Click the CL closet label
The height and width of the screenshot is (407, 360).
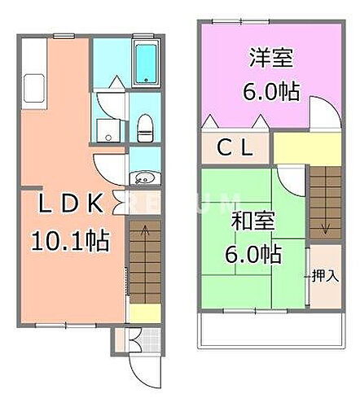coord(233,150)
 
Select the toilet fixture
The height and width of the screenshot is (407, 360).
coord(145,125)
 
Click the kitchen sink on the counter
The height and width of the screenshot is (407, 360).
coord(33,85)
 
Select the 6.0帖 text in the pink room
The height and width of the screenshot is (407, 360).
coord(270,90)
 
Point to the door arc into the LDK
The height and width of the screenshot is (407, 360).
coord(110,169)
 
